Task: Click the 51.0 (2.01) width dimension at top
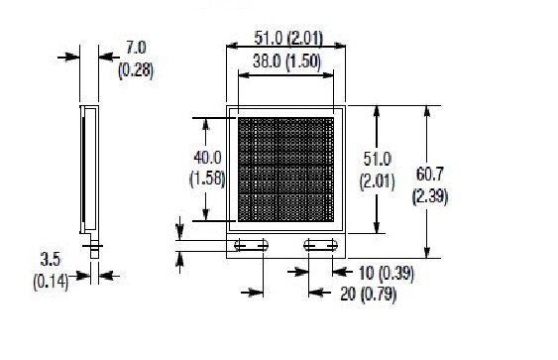coord(285,39)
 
